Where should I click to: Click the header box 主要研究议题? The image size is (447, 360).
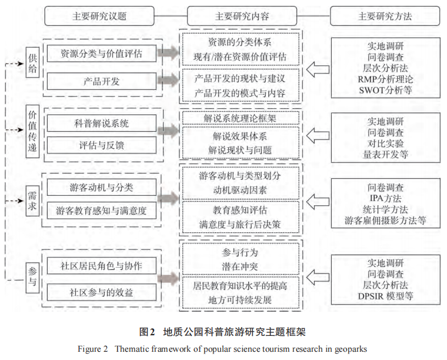(99, 16)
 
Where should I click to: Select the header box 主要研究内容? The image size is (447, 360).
(242, 16)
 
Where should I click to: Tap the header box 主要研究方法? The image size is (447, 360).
(385, 16)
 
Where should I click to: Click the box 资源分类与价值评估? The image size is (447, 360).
(102, 54)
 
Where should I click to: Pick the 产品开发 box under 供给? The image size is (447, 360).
(102, 81)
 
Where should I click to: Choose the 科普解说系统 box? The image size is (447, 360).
(102, 123)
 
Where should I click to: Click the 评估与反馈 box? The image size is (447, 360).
(102, 145)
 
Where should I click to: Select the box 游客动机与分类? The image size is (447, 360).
(102, 187)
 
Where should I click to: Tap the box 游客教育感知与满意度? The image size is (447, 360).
(102, 211)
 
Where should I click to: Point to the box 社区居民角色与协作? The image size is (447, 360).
(102, 266)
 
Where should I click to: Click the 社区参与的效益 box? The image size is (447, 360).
(102, 292)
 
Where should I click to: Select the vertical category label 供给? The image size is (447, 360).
(32, 63)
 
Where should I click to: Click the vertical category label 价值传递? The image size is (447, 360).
(32, 131)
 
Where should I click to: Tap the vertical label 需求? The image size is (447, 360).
(32, 201)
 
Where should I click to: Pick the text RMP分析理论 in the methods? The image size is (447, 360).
(385, 79)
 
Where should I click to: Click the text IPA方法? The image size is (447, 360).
(385, 198)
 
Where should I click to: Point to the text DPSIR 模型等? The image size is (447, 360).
(385, 296)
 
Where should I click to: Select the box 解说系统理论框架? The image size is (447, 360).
(241, 118)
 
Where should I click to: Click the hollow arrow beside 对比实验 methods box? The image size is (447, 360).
(318, 135)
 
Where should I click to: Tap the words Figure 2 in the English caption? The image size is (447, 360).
(93, 349)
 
